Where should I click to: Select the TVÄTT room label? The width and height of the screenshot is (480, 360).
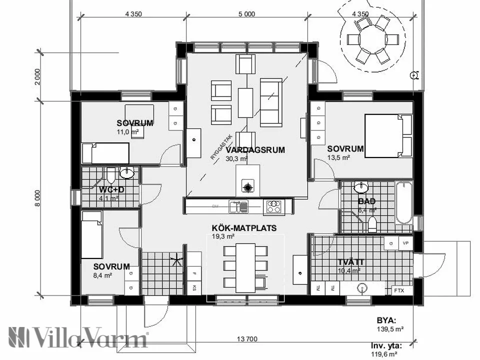350,262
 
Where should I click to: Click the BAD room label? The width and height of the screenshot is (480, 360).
366,201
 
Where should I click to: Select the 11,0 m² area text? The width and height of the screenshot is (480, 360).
127,132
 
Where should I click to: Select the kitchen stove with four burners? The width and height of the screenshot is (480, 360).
273,206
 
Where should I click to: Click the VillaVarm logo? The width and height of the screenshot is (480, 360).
77,337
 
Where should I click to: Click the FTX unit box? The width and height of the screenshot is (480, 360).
399,290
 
